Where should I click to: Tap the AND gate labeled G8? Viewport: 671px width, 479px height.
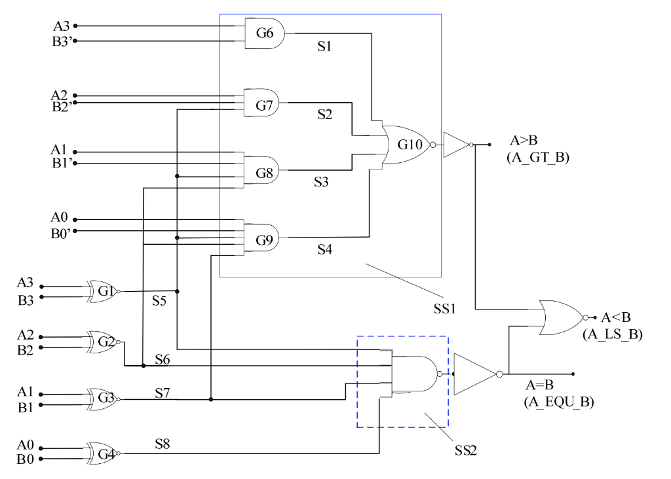pos(262,172)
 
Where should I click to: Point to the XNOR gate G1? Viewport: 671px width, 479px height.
pos(105,291)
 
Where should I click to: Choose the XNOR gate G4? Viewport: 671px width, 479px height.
pos(105,453)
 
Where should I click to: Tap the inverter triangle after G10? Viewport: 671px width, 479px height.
pos(456,145)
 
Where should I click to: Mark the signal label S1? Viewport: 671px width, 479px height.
pos(325,48)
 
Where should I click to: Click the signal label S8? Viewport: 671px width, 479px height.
pos(163,444)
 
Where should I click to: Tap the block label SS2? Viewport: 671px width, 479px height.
pos(467,450)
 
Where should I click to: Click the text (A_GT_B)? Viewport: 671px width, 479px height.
pos(537,157)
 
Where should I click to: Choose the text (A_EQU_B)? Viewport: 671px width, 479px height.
pos(558,402)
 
